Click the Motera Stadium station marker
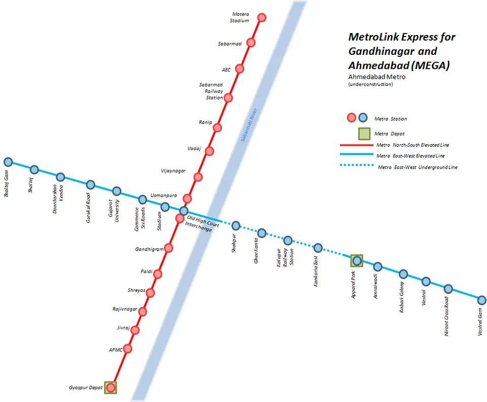tap(262, 18)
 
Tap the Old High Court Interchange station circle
tap(184, 211)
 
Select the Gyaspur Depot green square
tap(111, 388)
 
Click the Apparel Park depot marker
tap(357, 261)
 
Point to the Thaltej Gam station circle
tap(8, 162)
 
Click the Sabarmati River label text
tap(249, 125)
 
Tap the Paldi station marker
tap(158, 274)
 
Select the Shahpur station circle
tap(236, 226)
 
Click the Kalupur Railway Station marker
tap(288, 241)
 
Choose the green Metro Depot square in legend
tap(364, 134)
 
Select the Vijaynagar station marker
tap(198, 177)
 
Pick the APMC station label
tap(116, 350)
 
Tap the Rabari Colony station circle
tap(403, 274)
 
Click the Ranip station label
tap(205, 122)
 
